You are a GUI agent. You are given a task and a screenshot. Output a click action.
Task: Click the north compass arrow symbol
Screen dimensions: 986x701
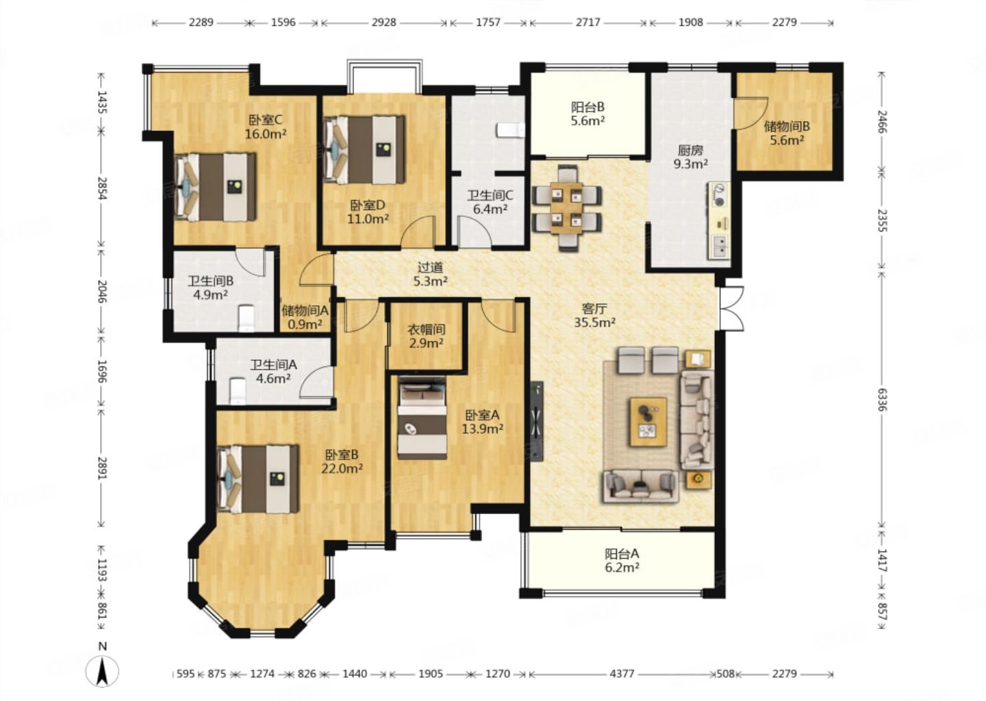[x=102, y=671]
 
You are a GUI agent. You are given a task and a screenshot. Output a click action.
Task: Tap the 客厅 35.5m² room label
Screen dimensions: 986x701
[x=594, y=315]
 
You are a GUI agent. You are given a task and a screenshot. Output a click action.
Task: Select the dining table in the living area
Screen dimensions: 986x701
[x=566, y=207]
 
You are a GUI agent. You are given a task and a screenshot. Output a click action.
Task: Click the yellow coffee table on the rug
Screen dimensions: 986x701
[x=648, y=422]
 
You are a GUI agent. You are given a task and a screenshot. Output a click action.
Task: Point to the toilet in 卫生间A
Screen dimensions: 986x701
[x=238, y=391]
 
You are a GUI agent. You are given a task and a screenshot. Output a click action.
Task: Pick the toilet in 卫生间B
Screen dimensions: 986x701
[x=246, y=318]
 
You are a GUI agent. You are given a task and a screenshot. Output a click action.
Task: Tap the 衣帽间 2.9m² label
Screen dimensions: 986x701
[x=426, y=335]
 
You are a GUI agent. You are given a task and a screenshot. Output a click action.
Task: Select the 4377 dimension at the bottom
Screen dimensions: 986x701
[x=622, y=674]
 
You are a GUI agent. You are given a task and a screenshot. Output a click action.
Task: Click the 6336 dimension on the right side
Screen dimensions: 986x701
[x=882, y=399]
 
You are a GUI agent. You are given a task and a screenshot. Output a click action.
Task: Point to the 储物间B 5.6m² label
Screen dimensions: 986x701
[x=787, y=133]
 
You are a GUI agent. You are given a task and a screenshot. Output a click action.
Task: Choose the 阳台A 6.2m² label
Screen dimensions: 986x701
[x=622, y=560]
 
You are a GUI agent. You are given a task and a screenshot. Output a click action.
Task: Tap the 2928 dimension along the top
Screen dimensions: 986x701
[x=384, y=22]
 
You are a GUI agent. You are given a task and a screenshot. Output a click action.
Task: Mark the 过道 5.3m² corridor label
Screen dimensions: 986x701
[x=430, y=274]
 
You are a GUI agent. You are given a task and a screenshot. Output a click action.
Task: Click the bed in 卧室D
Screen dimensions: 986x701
[x=364, y=150]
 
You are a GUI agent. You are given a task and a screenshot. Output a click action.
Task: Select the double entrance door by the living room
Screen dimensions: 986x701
[x=731, y=308]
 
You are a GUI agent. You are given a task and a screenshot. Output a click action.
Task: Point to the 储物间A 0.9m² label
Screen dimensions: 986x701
[x=305, y=317]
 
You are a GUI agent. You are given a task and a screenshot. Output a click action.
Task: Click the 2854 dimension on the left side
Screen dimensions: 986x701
[x=102, y=188]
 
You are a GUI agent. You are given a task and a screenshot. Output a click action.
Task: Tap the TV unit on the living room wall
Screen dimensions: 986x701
[x=536, y=421]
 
